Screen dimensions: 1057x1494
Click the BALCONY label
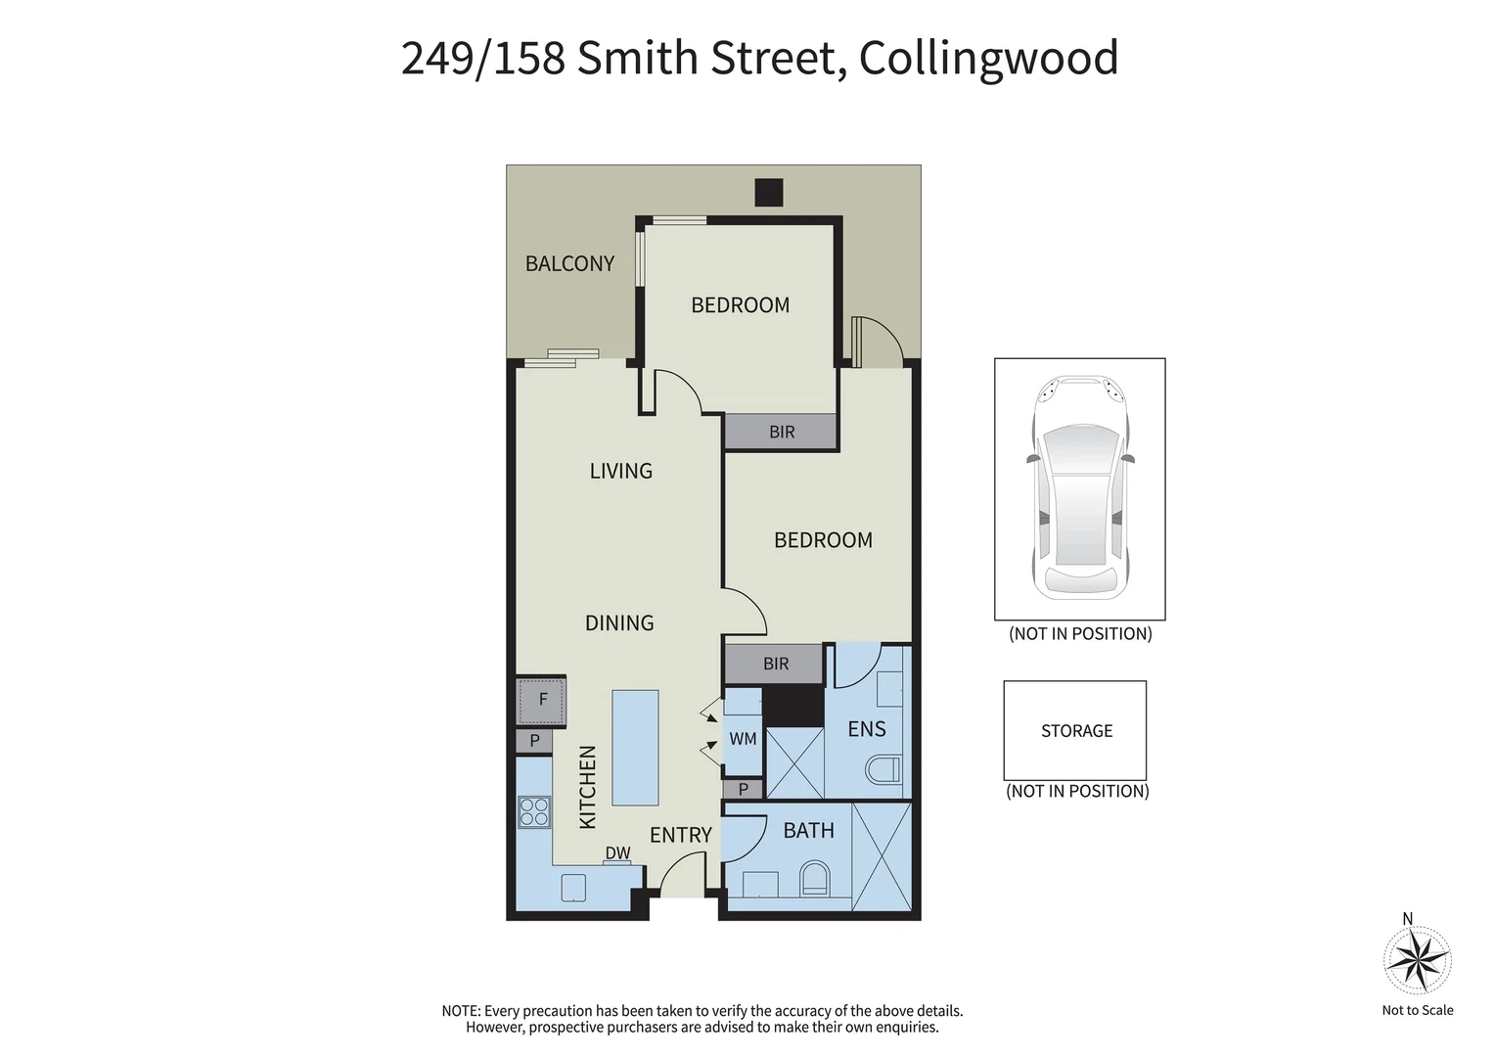coord(569,263)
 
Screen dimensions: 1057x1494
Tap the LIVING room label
coord(620,471)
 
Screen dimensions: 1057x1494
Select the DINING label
coord(619,622)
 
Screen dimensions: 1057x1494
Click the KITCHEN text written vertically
coord(587,787)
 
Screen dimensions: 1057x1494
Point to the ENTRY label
coord(680,835)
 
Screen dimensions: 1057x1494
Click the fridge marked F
coord(542,700)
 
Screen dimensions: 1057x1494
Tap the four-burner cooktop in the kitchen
coord(534,812)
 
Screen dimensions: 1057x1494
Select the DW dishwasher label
coord(617,853)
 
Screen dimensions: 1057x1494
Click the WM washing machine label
coord(743,739)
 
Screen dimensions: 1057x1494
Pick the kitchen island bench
coord(635,747)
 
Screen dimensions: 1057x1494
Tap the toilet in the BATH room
coord(814,878)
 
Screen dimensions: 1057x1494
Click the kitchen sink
coord(573,887)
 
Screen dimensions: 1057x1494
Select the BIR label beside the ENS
coord(776,664)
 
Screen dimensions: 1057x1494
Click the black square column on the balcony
coord(769,192)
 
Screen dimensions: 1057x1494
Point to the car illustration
coord(1079,487)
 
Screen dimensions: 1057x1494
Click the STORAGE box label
coord(1076,731)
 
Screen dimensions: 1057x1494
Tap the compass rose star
coord(1417,959)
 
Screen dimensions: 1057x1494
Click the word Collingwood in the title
coord(988,58)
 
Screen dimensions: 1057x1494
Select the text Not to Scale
coord(1417,1010)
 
